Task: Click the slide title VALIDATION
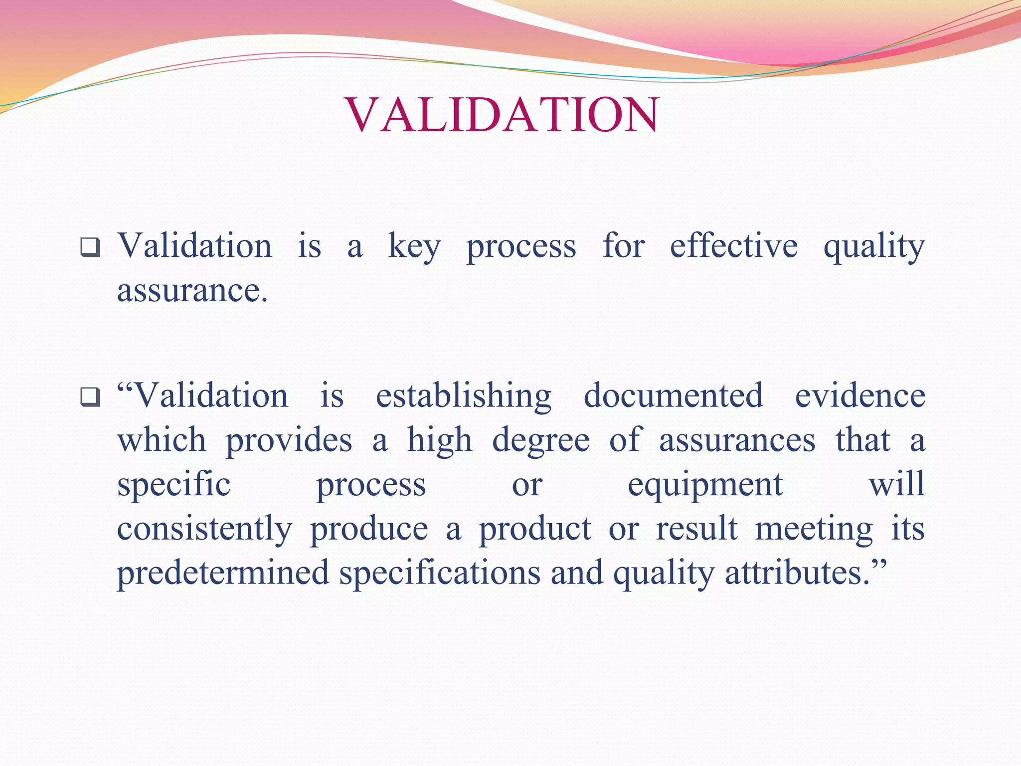502,115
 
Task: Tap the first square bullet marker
90,248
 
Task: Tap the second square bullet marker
90,397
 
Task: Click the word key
414,247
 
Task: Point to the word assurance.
192,291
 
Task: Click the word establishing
463,396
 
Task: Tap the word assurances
737,440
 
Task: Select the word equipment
705,485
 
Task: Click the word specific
173,485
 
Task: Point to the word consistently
204,529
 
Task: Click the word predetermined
223,573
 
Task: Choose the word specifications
440,573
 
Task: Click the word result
696,529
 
